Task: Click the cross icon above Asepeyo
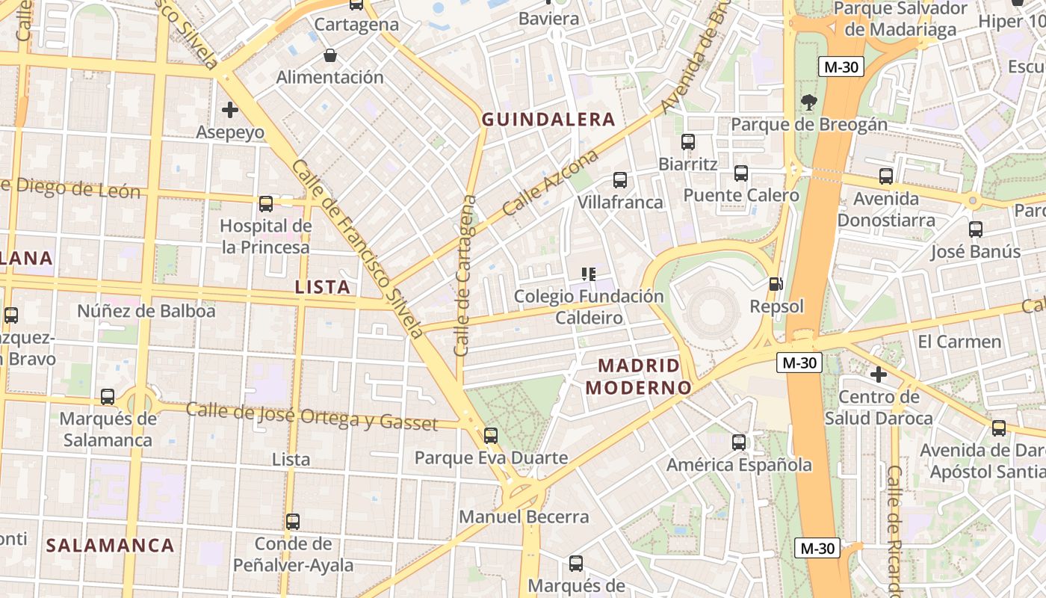(x=230, y=110)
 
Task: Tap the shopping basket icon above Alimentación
(x=329, y=55)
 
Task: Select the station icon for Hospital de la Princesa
(x=265, y=203)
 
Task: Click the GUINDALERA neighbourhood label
(x=548, y=120)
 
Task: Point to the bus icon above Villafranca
(x=620, y=179)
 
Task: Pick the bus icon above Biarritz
(x=688, y=141)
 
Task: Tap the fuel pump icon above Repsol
(x=776, y=284)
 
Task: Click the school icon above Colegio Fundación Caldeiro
(x=589, y=274)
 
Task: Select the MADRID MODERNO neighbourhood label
(x=640, y=377)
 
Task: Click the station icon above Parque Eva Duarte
(x=491, y=435)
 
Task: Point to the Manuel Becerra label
(x=524, y=517)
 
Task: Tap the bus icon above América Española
(x=739, y=443)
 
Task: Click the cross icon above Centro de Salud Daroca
(x=879, y=374)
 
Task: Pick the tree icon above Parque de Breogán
(x=808, y=102)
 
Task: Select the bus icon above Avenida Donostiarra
(x=886, y=176)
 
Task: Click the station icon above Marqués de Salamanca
(x=108, y=396)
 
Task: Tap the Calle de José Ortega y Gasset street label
(x=312, y=416)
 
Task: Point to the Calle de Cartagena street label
(x=465, y=275)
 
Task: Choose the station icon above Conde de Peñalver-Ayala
(x=293, y=521)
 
